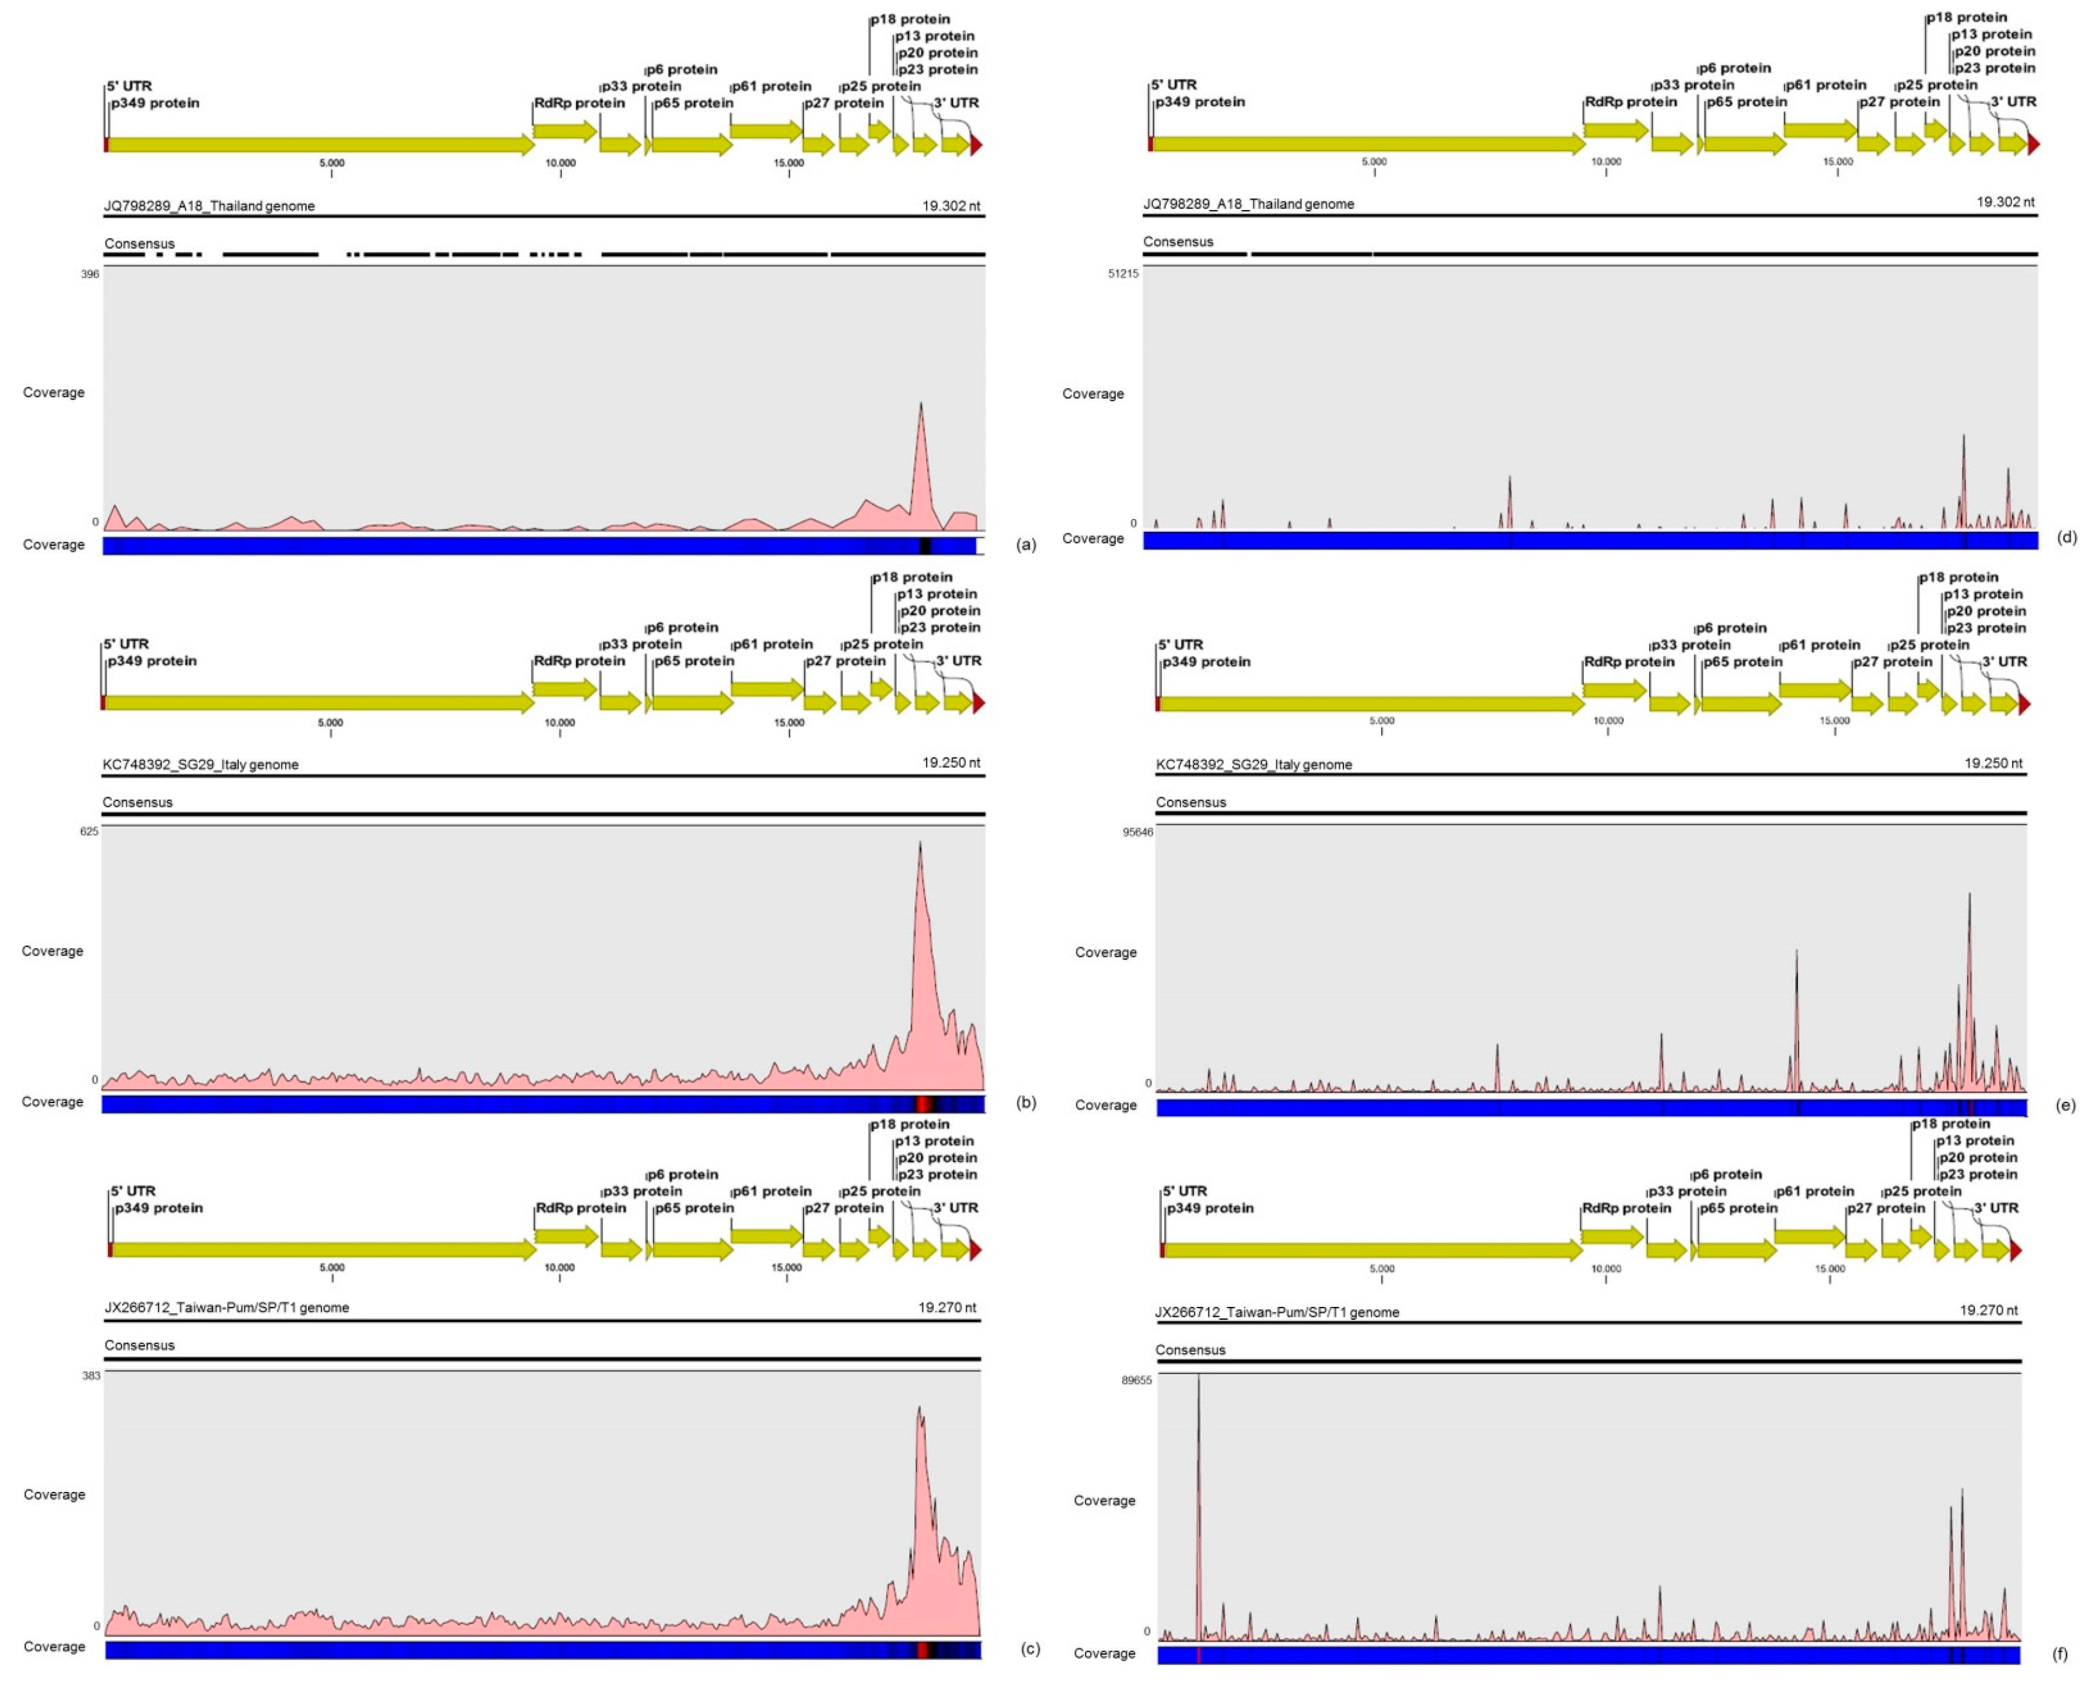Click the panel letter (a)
coord(1026,545)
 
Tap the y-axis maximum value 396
coord(90,274)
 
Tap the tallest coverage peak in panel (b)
coord(919,845)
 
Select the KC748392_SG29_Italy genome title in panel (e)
coord(1254,765)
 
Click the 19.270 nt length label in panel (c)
coord(948,1308)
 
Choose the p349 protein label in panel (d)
coord(1200,102)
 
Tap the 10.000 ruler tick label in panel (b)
coord(560,723)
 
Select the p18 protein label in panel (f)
coord(1950,1124)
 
